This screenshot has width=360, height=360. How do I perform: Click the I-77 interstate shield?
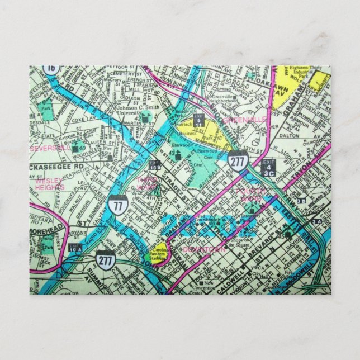pyautogui.click(x=117, y=205)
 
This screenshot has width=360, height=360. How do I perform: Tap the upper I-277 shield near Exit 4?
pyautogui.click(x=238, y=160)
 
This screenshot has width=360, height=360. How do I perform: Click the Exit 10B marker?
pyautogui.click(x=155, y=165)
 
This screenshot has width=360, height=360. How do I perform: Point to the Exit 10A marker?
pyautogui.click(x=75, y=248)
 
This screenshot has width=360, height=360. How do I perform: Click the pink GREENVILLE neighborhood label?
pyautogui.click(x=244, y=120)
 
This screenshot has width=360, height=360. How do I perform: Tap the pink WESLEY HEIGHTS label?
pyautogui.click(x=50, y=184)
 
